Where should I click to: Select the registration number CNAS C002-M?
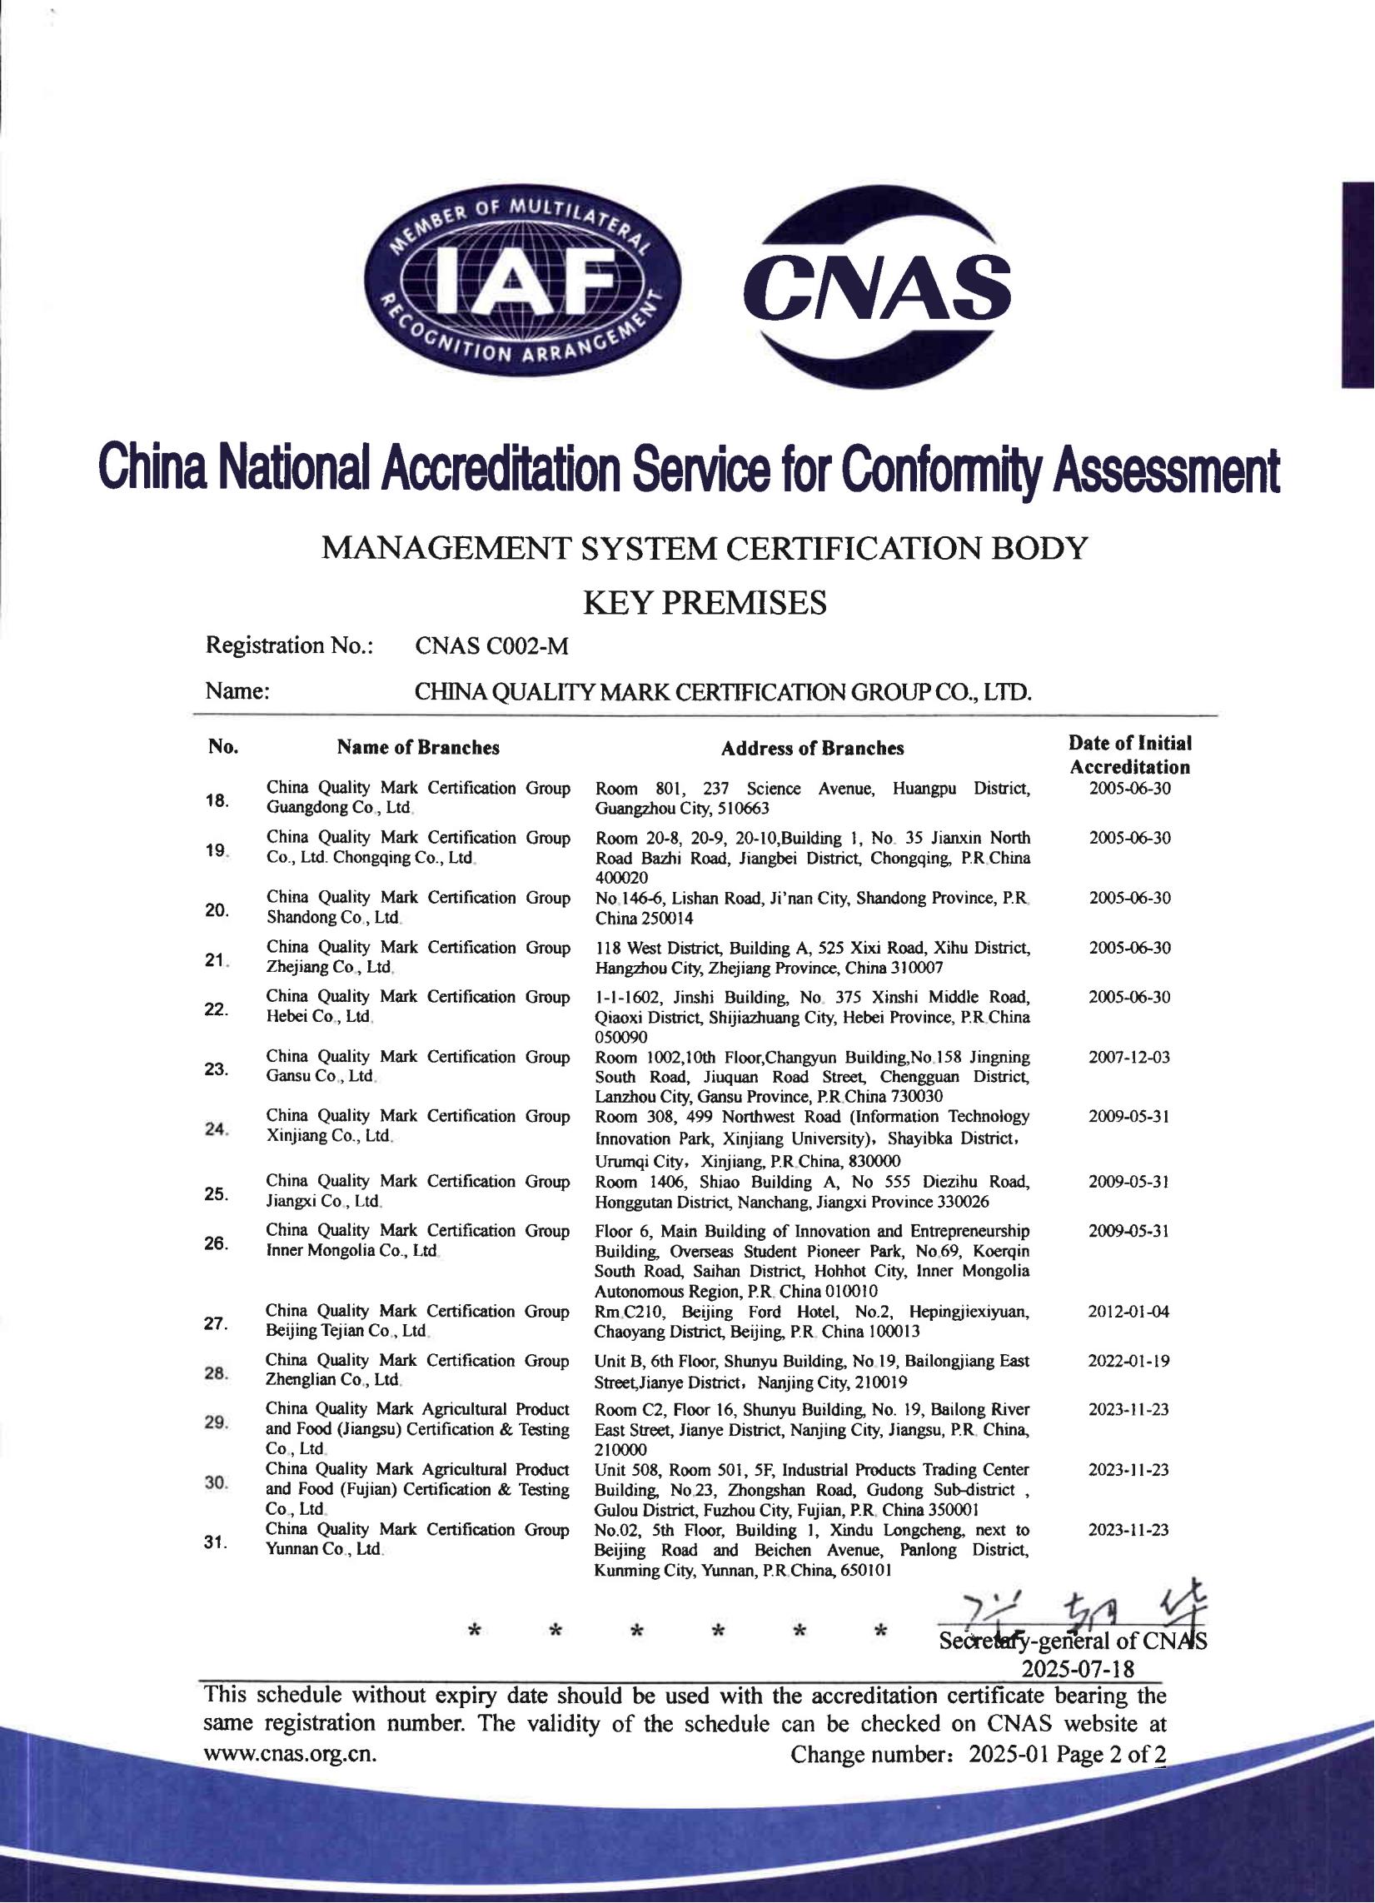coord(491,646)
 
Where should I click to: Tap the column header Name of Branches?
coord(418,748)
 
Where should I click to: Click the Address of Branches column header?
coord(812,749)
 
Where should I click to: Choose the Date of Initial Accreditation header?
coord(1129,755)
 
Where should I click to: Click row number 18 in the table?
coord(217,800)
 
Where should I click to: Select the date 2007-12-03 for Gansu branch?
coord(1128,1057)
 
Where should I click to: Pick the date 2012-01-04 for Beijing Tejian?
coord(1128,1311)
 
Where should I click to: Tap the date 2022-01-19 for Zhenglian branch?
coord(1128,1361)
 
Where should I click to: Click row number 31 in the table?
coord(217,1542)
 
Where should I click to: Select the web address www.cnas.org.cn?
coord(291,1754)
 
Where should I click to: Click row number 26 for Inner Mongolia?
coord(217,1243)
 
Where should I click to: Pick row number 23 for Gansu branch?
coord(217,1069)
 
